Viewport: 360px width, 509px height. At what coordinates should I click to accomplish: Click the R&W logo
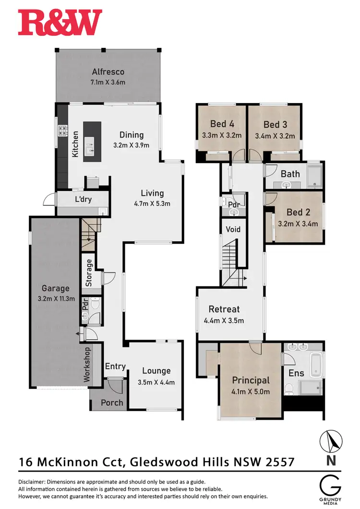(x=60, y=23)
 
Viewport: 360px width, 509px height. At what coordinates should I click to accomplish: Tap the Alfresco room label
(x=108, y=72)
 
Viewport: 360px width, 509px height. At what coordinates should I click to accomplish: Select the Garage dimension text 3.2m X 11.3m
(x=55, y=298)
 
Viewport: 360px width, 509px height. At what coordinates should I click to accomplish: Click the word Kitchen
(x=75, y=144)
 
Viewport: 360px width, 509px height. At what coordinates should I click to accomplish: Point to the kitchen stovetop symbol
(x=62, y=131)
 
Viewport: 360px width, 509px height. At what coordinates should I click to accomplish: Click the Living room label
(x=152, y=193)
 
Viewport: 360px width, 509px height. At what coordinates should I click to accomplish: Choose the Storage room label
(x=89, y=273)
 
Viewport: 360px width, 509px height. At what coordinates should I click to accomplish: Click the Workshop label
(x=87, y=365)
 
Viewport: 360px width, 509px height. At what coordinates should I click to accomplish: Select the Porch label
(x=112, y=402)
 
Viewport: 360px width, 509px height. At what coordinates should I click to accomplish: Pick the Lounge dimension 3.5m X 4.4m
(x=156, y=382)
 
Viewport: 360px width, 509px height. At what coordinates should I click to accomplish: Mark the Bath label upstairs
(x=290, y=173)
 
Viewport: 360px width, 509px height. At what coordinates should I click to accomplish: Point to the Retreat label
(x=224, y=309)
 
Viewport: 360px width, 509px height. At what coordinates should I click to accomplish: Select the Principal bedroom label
(x=251, y=380)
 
